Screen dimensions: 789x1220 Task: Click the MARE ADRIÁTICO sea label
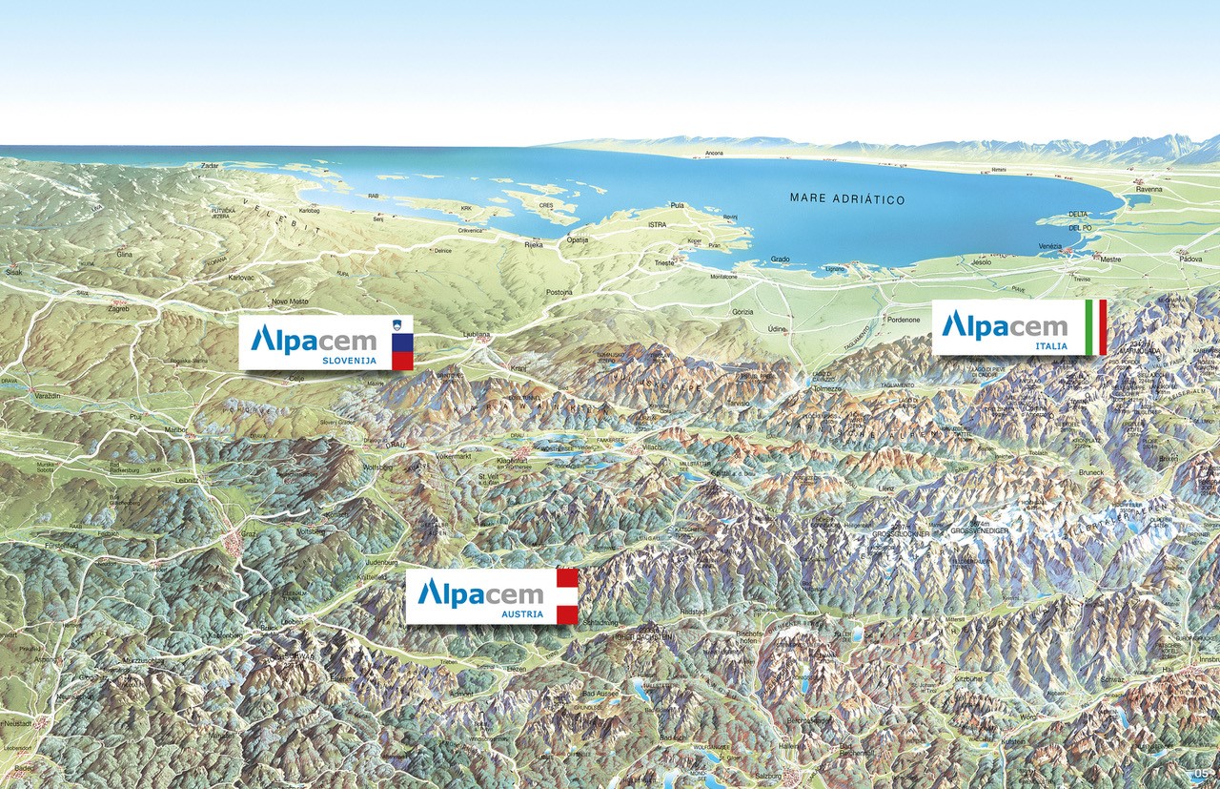pos(847,199)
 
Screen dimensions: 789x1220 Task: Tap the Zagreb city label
pos(118,310)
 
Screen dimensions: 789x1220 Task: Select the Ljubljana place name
pos(475,335)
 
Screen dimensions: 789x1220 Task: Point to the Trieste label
pos(664,261)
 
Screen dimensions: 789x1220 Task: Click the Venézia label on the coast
pos(1048,247)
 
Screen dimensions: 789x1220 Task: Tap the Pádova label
pos(1189,259)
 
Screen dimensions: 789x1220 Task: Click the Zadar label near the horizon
pos(210,166)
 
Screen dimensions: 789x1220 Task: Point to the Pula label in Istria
pos(678,205)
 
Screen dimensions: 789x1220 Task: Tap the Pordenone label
pos(903,320)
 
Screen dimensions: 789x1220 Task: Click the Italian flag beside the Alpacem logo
pos(1096,326)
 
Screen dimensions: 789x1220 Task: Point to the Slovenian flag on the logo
pos(402,343)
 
